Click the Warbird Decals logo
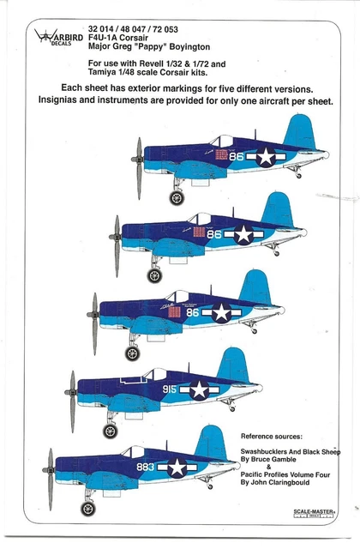coord(55,39)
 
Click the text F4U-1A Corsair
coord(114,38)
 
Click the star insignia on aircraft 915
coord(200,389)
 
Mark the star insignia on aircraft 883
coord(177,467)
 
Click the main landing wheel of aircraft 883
coord(87,508)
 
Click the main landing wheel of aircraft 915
coord(111,431)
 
